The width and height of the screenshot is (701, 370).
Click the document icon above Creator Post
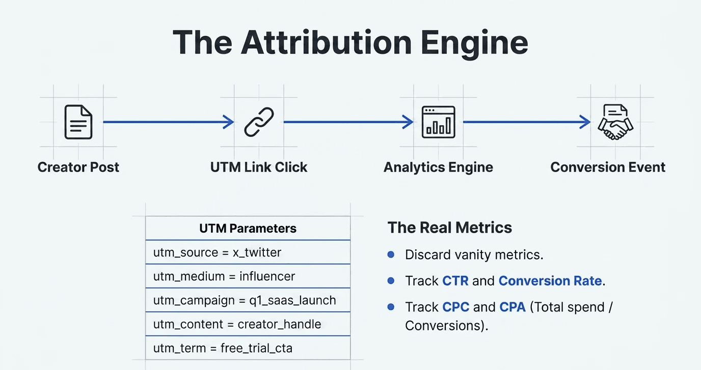click(78, 122)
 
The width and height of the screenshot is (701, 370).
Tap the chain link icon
click(259, 122)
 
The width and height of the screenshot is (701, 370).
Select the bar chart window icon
click(438, 122)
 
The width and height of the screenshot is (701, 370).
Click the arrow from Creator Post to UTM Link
click(168, 122)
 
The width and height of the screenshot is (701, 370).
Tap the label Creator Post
click(78, 167)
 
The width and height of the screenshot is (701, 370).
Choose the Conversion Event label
click(608, 167)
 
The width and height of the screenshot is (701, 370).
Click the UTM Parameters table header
click(248, 228)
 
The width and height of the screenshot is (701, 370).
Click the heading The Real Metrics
click(449, 227)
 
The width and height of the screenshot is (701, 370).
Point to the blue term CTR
click(455, 281)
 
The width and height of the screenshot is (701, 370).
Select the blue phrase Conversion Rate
click(550, 281)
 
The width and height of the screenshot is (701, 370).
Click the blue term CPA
click(512, 307)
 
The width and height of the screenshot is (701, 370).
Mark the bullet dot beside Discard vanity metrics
click(391, 254)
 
